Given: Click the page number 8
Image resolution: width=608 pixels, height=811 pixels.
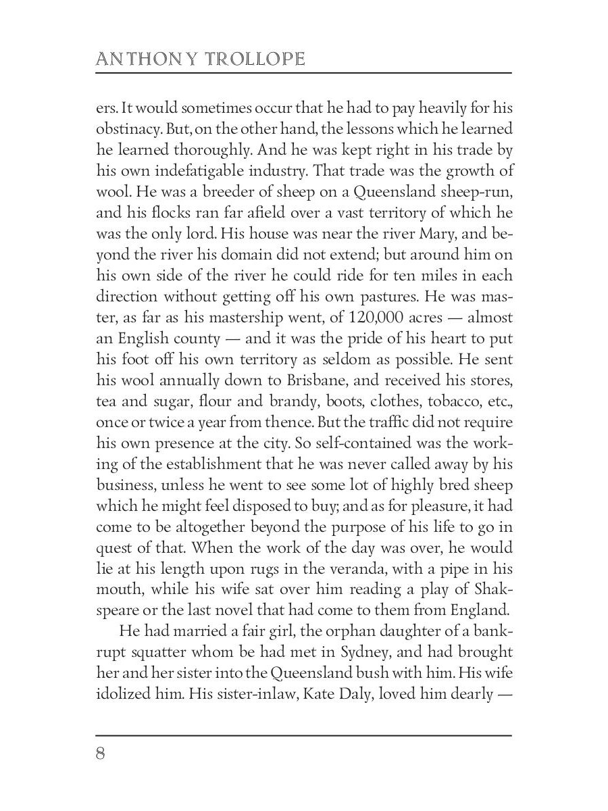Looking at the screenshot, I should click(x=101, y=754).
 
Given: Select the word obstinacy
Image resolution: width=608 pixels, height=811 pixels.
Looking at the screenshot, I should click(x=130, y=128).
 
